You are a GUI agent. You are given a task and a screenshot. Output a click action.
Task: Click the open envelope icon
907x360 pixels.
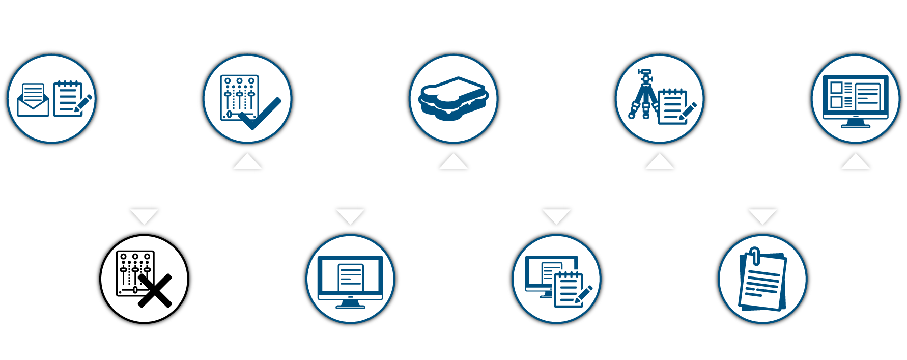pos(33,100)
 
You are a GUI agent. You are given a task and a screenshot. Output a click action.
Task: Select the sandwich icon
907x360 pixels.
pos(453,98)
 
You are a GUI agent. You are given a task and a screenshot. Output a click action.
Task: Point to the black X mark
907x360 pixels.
pos(155,291)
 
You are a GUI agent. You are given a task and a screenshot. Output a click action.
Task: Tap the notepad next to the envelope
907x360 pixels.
pos(68,98)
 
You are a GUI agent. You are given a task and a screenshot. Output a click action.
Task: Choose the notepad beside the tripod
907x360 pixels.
pos(672,106)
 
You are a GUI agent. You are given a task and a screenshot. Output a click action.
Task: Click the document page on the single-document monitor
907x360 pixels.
pos(351,278)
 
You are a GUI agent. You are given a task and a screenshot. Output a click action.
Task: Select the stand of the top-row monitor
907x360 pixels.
pos(855,123)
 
